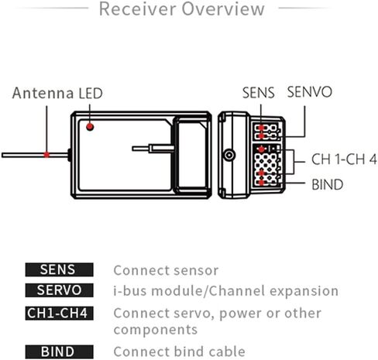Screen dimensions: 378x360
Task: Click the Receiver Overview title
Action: point(182,9)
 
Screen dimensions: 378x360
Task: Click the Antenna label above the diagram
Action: point(43,93)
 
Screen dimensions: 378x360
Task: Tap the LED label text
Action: point(91,94)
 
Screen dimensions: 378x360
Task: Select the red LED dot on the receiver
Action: point(90,127)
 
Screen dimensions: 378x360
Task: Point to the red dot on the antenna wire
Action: point(46,155)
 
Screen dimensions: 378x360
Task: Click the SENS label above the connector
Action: point(258,93)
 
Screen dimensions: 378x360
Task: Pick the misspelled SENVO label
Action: point(309,92)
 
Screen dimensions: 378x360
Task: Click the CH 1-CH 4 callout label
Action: point(344,159)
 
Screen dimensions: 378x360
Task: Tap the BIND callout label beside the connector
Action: point(327,184)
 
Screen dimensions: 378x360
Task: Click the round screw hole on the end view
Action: point(229,156)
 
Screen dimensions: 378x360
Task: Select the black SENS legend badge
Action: point(59,269)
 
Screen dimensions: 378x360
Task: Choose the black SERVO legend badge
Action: point(59,290)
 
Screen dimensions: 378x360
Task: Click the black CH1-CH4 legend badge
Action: point(59,314)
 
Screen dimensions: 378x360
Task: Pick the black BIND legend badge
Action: point(59,351)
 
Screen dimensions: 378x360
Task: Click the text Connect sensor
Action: point(166,270)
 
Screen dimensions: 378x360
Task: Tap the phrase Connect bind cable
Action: point(179,351)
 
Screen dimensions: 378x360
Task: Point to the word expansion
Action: point(304,291)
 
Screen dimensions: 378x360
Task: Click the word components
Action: point(156,330)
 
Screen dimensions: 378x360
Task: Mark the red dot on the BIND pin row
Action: point(261,183)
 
